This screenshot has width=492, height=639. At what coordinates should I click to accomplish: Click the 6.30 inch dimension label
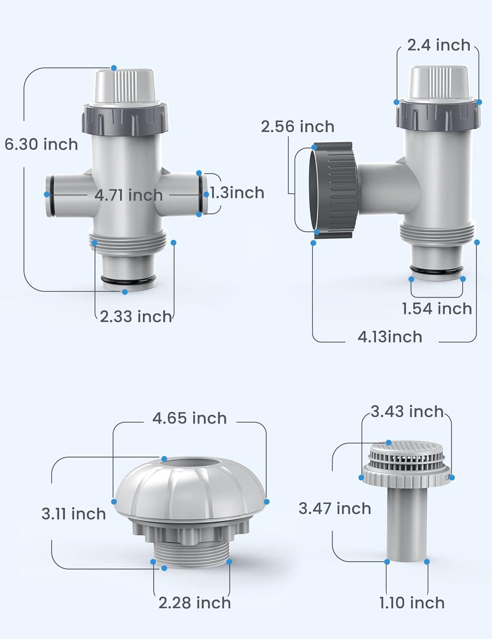[41, 144]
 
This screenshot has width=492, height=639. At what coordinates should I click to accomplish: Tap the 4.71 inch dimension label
[128, 195]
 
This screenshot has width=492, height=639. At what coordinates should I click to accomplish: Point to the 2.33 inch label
[136, 317]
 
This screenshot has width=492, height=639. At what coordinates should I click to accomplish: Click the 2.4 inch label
[439, 45]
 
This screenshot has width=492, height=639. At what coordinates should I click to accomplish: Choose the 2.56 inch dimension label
[298, 127]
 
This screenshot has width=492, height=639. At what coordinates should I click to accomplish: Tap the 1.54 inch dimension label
[437, 308]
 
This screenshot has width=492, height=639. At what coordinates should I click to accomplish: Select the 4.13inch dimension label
[390, 337]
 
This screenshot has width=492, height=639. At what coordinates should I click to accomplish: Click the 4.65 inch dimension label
[189, 418]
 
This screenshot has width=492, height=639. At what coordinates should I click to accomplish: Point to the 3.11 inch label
[74, 514]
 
